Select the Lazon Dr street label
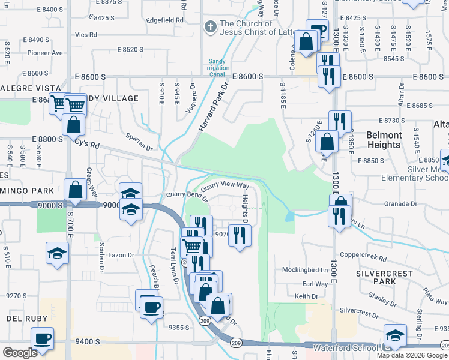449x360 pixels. pos(121,255)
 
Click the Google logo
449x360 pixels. pos(20,353)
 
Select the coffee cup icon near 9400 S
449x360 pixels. pos(42,338)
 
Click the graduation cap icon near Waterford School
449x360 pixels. pos(395,335)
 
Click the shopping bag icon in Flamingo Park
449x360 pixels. pos(76,189)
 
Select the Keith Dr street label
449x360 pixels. pos(306,297)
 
